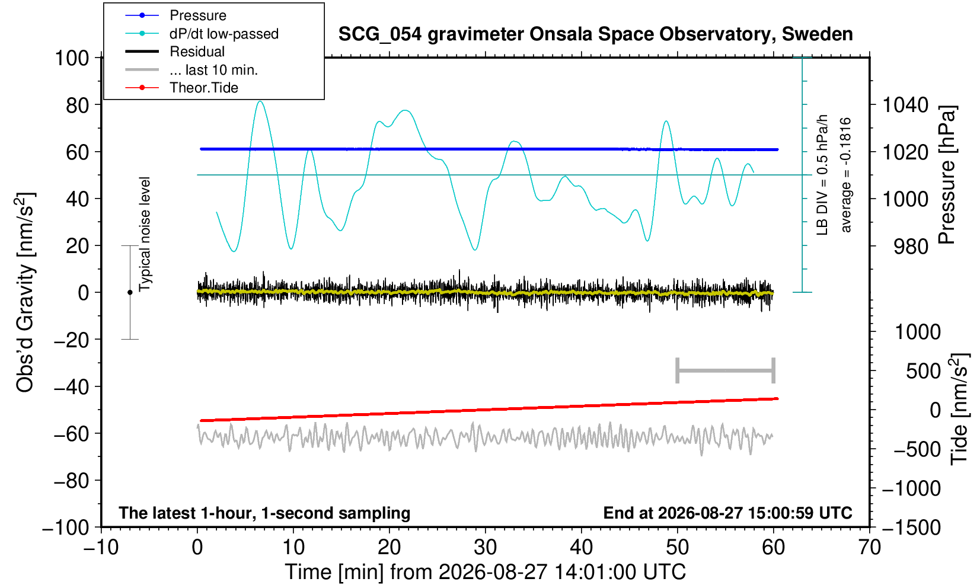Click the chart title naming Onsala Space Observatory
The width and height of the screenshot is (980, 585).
pyautogui.click(x=595, y=34)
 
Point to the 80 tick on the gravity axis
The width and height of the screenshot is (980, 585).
pyautogui.click(x=78, y=105)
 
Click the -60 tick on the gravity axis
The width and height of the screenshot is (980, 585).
pyautogui.click(x=71, y=434)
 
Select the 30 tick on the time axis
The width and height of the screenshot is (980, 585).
pyautogui.click(x=485, y=547)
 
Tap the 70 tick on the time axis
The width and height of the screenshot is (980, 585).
pyautogui.click(x=869, y=547)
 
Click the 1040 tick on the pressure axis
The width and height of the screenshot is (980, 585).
pyautogui.click(x=905, y=105)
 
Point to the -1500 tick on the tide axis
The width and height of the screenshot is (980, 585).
pyautogui.click(x=911, y=528)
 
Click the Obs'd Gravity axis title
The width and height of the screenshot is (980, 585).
pyautogui.click(x=25, y=292)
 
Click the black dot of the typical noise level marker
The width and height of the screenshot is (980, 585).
pyautogui.click(x=130, y=292)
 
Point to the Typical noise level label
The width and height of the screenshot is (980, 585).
pyautogui.click(x=145, y=235)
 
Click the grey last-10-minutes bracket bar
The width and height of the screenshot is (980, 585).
pyautogui.click(x=726, y=370)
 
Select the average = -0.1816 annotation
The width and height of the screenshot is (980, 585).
pyautogui.click(x=845, y=175)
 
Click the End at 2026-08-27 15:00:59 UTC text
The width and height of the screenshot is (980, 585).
pyautogui.click(x=727, y=513)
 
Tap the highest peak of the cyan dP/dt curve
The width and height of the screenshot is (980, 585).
pyautogui.click(x=260, y=101)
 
